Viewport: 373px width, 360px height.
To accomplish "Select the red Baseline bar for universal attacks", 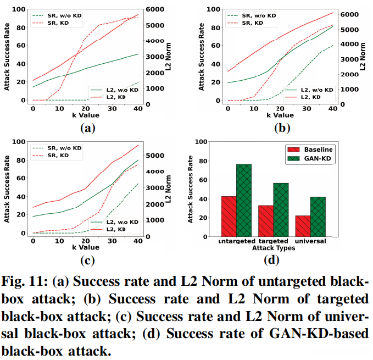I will click(303, 226).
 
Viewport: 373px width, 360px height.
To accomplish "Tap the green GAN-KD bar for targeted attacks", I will click(281, 209).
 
